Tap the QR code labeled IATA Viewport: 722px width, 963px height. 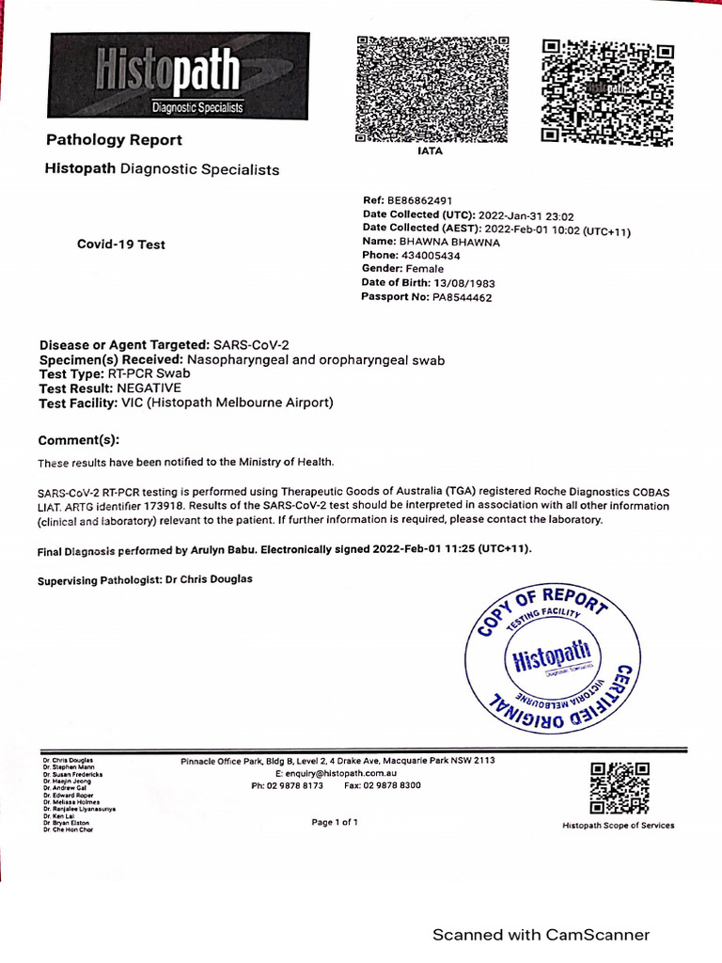click(x=432, y=89)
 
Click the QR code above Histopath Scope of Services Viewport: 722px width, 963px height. click(x=620, y=787)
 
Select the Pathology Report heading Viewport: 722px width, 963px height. click(x=115, y=140)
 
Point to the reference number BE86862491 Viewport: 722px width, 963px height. click(x=420, y=201)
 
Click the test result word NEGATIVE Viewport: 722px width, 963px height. click(x=149, y=387)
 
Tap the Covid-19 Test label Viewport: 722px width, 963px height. click(x=120, y=245)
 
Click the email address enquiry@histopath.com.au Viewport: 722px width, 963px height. click(x=341, y=772)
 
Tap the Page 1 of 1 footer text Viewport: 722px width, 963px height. click(x=335, y=822)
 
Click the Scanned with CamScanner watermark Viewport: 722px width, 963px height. click(x=541, y=935)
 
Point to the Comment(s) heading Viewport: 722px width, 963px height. click(x=79, y=441)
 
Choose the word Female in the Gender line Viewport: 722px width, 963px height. click(x=424, y=269)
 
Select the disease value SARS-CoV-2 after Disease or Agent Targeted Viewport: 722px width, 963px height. click(x=252, y=345)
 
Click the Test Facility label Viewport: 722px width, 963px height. click(x=77, y=403)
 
